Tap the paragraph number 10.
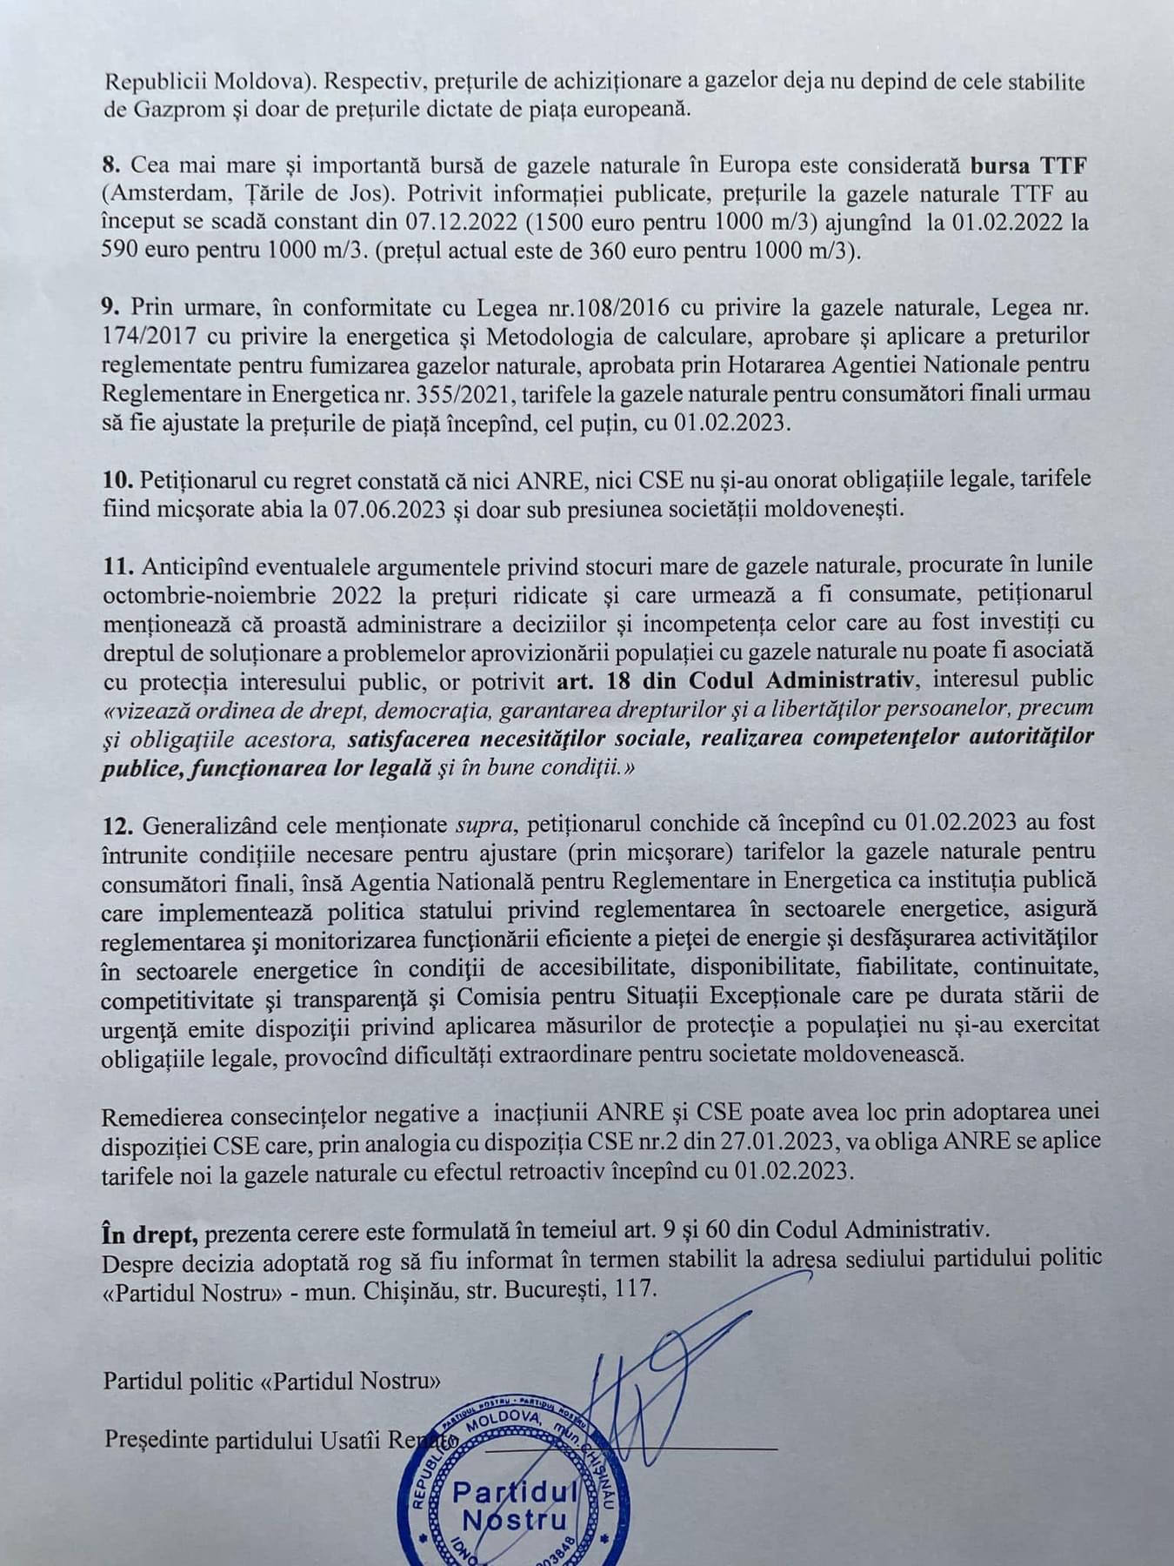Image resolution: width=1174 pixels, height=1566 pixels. coord(117,478)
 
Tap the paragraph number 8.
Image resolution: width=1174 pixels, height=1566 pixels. coord(110,164)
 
